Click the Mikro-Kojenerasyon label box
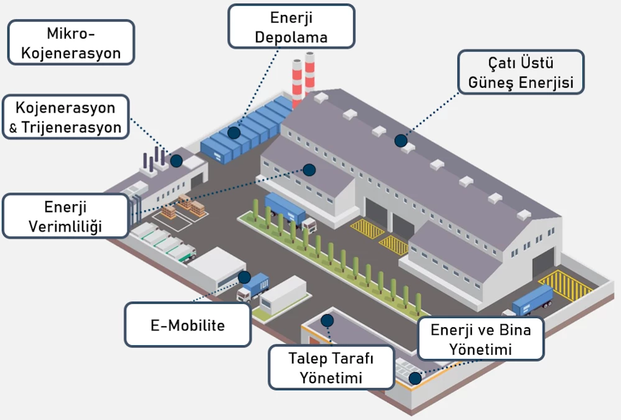point(71,42)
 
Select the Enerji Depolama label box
point(291,26)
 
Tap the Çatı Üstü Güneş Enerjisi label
point(521,72)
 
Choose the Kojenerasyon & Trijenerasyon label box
point(65,117)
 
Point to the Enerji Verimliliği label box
point(65,216)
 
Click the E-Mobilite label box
point(188,324)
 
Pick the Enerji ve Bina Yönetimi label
point(481,339)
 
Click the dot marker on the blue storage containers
point(234,133)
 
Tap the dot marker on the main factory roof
point(401,141)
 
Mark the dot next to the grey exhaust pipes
point(177,161)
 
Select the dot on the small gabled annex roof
point(309,169)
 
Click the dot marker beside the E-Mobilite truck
point(244,277)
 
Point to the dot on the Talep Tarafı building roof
point(327,320)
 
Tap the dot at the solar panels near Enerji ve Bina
point(414,376)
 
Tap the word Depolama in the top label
point(291,37)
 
